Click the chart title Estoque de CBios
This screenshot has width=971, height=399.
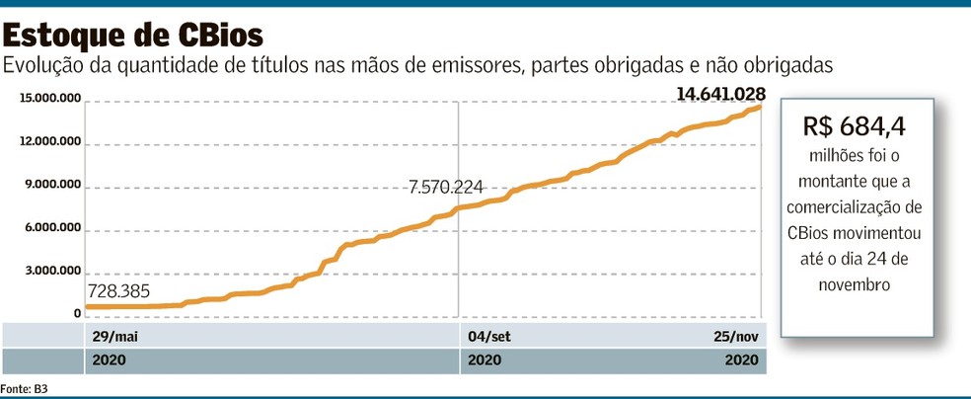tap(133, 36)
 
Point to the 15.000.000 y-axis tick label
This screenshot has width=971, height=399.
tap(49, 99)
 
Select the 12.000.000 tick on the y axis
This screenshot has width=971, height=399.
tap(49, 142)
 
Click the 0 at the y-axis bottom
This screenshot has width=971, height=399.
tap(76, 314)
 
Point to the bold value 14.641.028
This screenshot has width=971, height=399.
tap(720, 94)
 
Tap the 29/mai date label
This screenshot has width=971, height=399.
tap(112, 336)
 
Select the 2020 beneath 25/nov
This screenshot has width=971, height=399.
tap(741, 360)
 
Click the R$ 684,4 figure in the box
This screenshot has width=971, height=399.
tap(855, 126)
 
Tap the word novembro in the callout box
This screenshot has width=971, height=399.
tap(855, 284)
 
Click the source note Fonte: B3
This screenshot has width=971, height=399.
tap(25, 389)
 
